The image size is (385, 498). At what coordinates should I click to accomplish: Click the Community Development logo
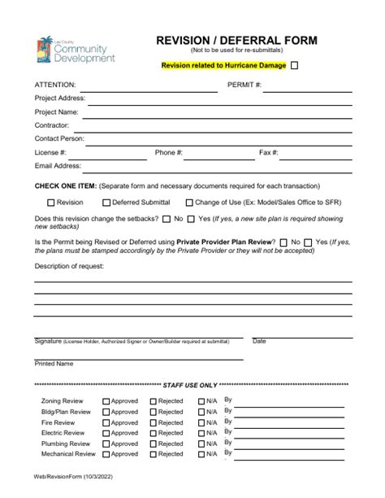[76, 50]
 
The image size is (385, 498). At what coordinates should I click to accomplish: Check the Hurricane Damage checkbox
[295, 66]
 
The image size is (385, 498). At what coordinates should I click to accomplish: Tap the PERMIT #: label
[244, 85]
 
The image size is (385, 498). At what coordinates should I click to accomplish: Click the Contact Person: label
[59, 138]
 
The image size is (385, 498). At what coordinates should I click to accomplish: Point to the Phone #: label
[169, 152]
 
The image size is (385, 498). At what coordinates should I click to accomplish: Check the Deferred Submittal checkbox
[106, 203]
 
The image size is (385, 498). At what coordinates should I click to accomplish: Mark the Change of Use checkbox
[189, 203]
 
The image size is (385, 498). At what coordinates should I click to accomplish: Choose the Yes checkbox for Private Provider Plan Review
[307, 242]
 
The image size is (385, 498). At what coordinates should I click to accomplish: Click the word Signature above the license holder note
[48, 341]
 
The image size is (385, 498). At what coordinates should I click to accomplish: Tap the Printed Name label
[54, 364]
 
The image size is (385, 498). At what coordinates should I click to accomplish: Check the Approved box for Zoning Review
[106, 401]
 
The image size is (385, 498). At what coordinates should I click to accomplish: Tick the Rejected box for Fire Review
[154, 422]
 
